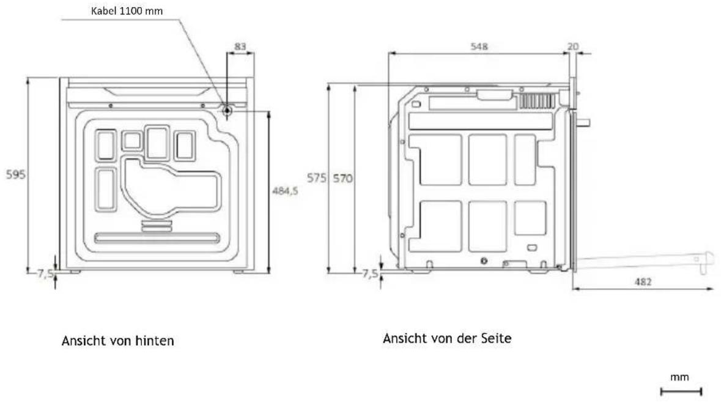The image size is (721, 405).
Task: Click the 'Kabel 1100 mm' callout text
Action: [127, 11]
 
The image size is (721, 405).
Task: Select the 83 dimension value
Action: [240, 46]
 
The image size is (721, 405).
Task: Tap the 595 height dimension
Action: [16, 174]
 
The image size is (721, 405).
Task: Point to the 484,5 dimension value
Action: [285, 190]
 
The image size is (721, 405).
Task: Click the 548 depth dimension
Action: [479, 46]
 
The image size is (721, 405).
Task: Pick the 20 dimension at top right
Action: [573, 46]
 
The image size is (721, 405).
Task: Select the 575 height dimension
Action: [317, 177]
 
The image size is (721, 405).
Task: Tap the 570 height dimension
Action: [343, 178]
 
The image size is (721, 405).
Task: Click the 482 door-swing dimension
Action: [643, 281]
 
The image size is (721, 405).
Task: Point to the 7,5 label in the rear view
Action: [45, 274]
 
